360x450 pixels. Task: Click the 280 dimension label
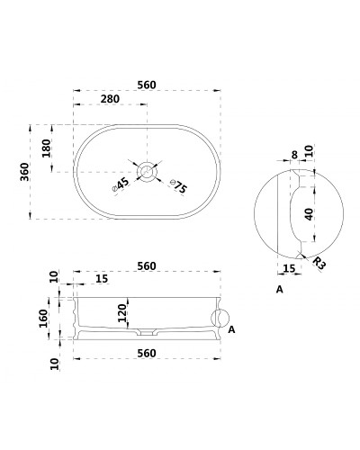point(110,99)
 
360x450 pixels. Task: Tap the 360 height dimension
point(24,172)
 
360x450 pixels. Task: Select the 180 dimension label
point(47,148)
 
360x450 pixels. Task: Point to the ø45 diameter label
point(121,184)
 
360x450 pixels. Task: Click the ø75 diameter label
point(178,186)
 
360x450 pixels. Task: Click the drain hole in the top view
point(147,172)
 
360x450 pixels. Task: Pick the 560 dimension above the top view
point(147,85)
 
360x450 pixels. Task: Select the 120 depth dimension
point(122,313)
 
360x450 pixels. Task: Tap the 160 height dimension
point(43,319)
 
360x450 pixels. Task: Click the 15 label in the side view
point(102,279)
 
